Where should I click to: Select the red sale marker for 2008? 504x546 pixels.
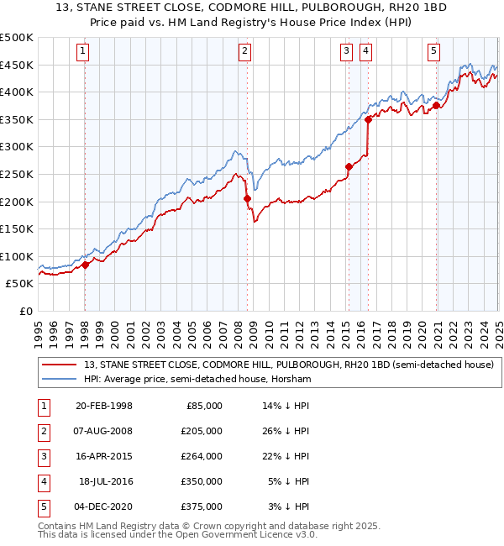247,198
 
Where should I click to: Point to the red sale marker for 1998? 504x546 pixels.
86,265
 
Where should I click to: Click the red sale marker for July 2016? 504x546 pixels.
369,119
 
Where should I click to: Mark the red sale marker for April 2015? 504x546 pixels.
349,166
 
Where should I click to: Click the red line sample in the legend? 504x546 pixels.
60,365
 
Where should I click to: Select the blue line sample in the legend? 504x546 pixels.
60,379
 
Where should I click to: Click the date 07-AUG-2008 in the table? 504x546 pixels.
103,430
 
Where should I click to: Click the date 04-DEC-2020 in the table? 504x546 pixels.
103,507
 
